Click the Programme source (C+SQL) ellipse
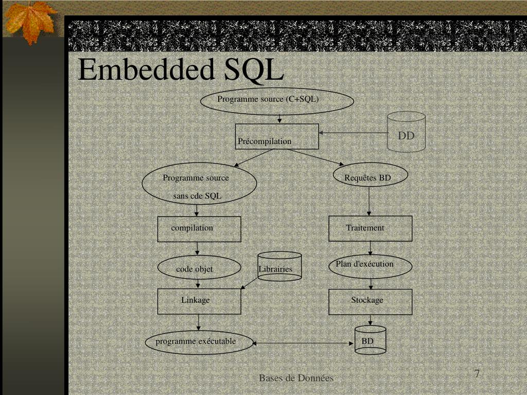[277, 101]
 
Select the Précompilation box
[277, 136]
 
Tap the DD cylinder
[406, 132]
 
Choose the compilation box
[199, 229]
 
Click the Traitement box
[370, 228]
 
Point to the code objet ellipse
[199, 267]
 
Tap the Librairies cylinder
[279, 266]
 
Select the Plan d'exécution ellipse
[370, 266]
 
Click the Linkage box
[199, 301]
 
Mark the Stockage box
[370, 301]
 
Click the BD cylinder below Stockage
[370, 340]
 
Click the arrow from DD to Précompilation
[353, 133]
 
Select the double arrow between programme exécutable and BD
[304, 343]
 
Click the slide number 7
[477, 374]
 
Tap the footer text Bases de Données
[296, 378]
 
